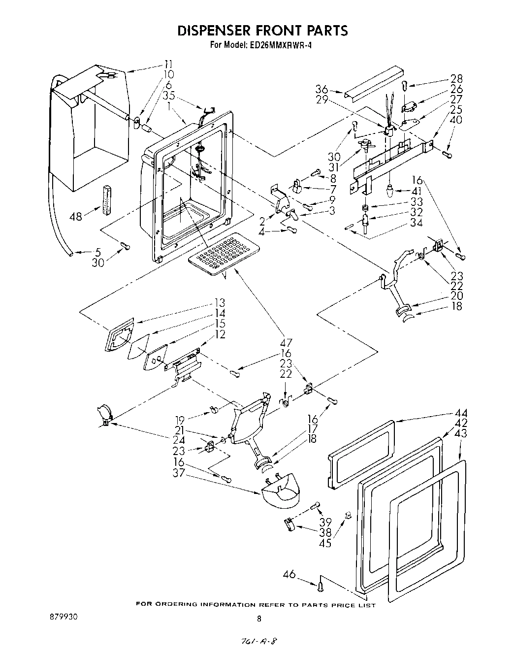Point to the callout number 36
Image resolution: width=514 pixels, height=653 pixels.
click(321, 89)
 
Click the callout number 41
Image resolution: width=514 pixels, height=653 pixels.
click(417, 190)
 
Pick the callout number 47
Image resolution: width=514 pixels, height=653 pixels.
click(286, 343)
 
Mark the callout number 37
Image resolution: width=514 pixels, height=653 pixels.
click(179, 473)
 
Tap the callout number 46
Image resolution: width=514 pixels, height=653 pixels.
click(290, 574)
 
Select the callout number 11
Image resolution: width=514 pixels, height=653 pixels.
click(168, 64)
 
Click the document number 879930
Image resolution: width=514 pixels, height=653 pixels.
click(63, 617)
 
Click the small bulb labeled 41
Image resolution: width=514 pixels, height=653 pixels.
click(390, 190)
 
